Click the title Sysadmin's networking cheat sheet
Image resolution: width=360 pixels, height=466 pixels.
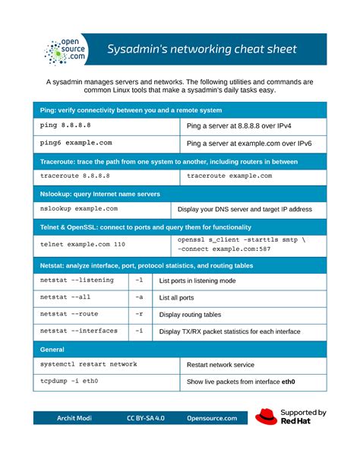201,50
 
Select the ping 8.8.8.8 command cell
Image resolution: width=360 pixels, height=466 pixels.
68,125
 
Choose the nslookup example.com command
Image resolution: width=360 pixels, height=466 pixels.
79,208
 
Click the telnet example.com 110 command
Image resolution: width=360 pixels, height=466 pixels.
83,244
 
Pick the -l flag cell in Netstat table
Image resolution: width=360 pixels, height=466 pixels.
138,281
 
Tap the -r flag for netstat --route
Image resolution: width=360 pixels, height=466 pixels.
138,314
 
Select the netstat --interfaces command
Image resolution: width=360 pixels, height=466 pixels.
79,331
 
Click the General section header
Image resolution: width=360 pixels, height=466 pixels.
52,349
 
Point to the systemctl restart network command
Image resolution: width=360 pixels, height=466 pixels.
89,364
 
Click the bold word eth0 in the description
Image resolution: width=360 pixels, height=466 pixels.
288,382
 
